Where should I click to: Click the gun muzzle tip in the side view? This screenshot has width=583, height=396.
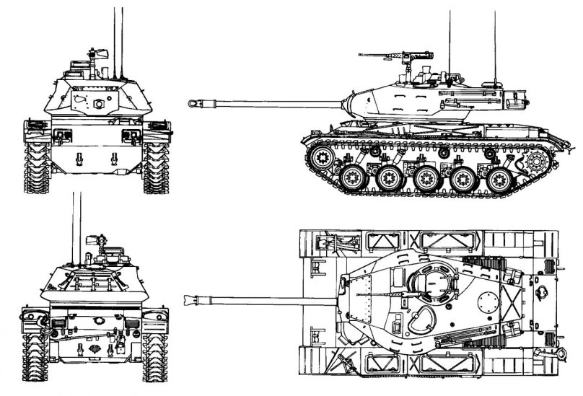point(193,103)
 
